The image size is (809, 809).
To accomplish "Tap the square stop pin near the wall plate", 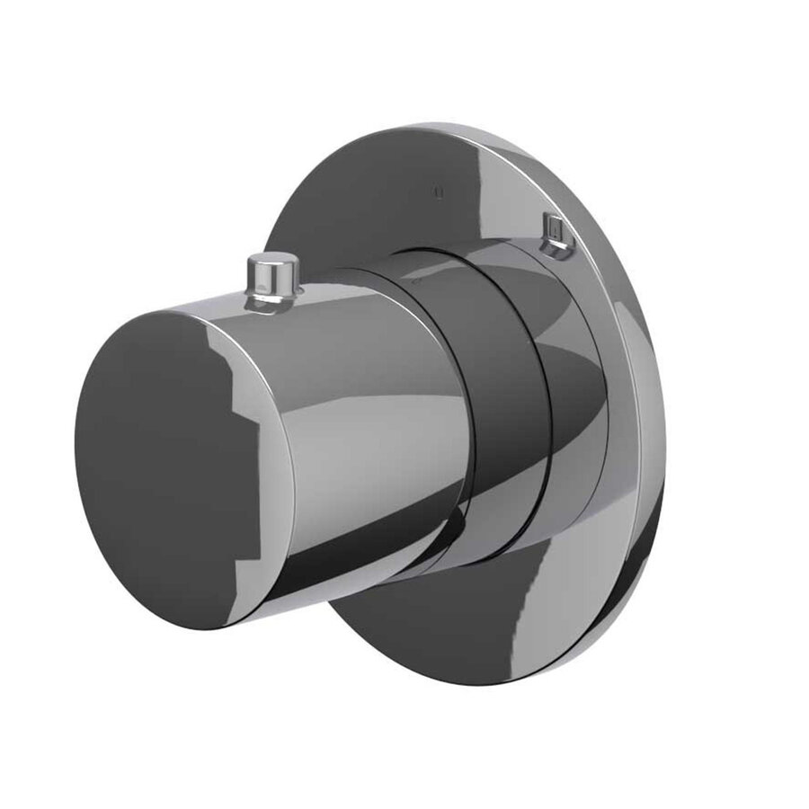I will pyautogui.click(x=558, y=232).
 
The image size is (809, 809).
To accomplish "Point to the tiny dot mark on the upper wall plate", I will pyautogui.click(x=438, y=191).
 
